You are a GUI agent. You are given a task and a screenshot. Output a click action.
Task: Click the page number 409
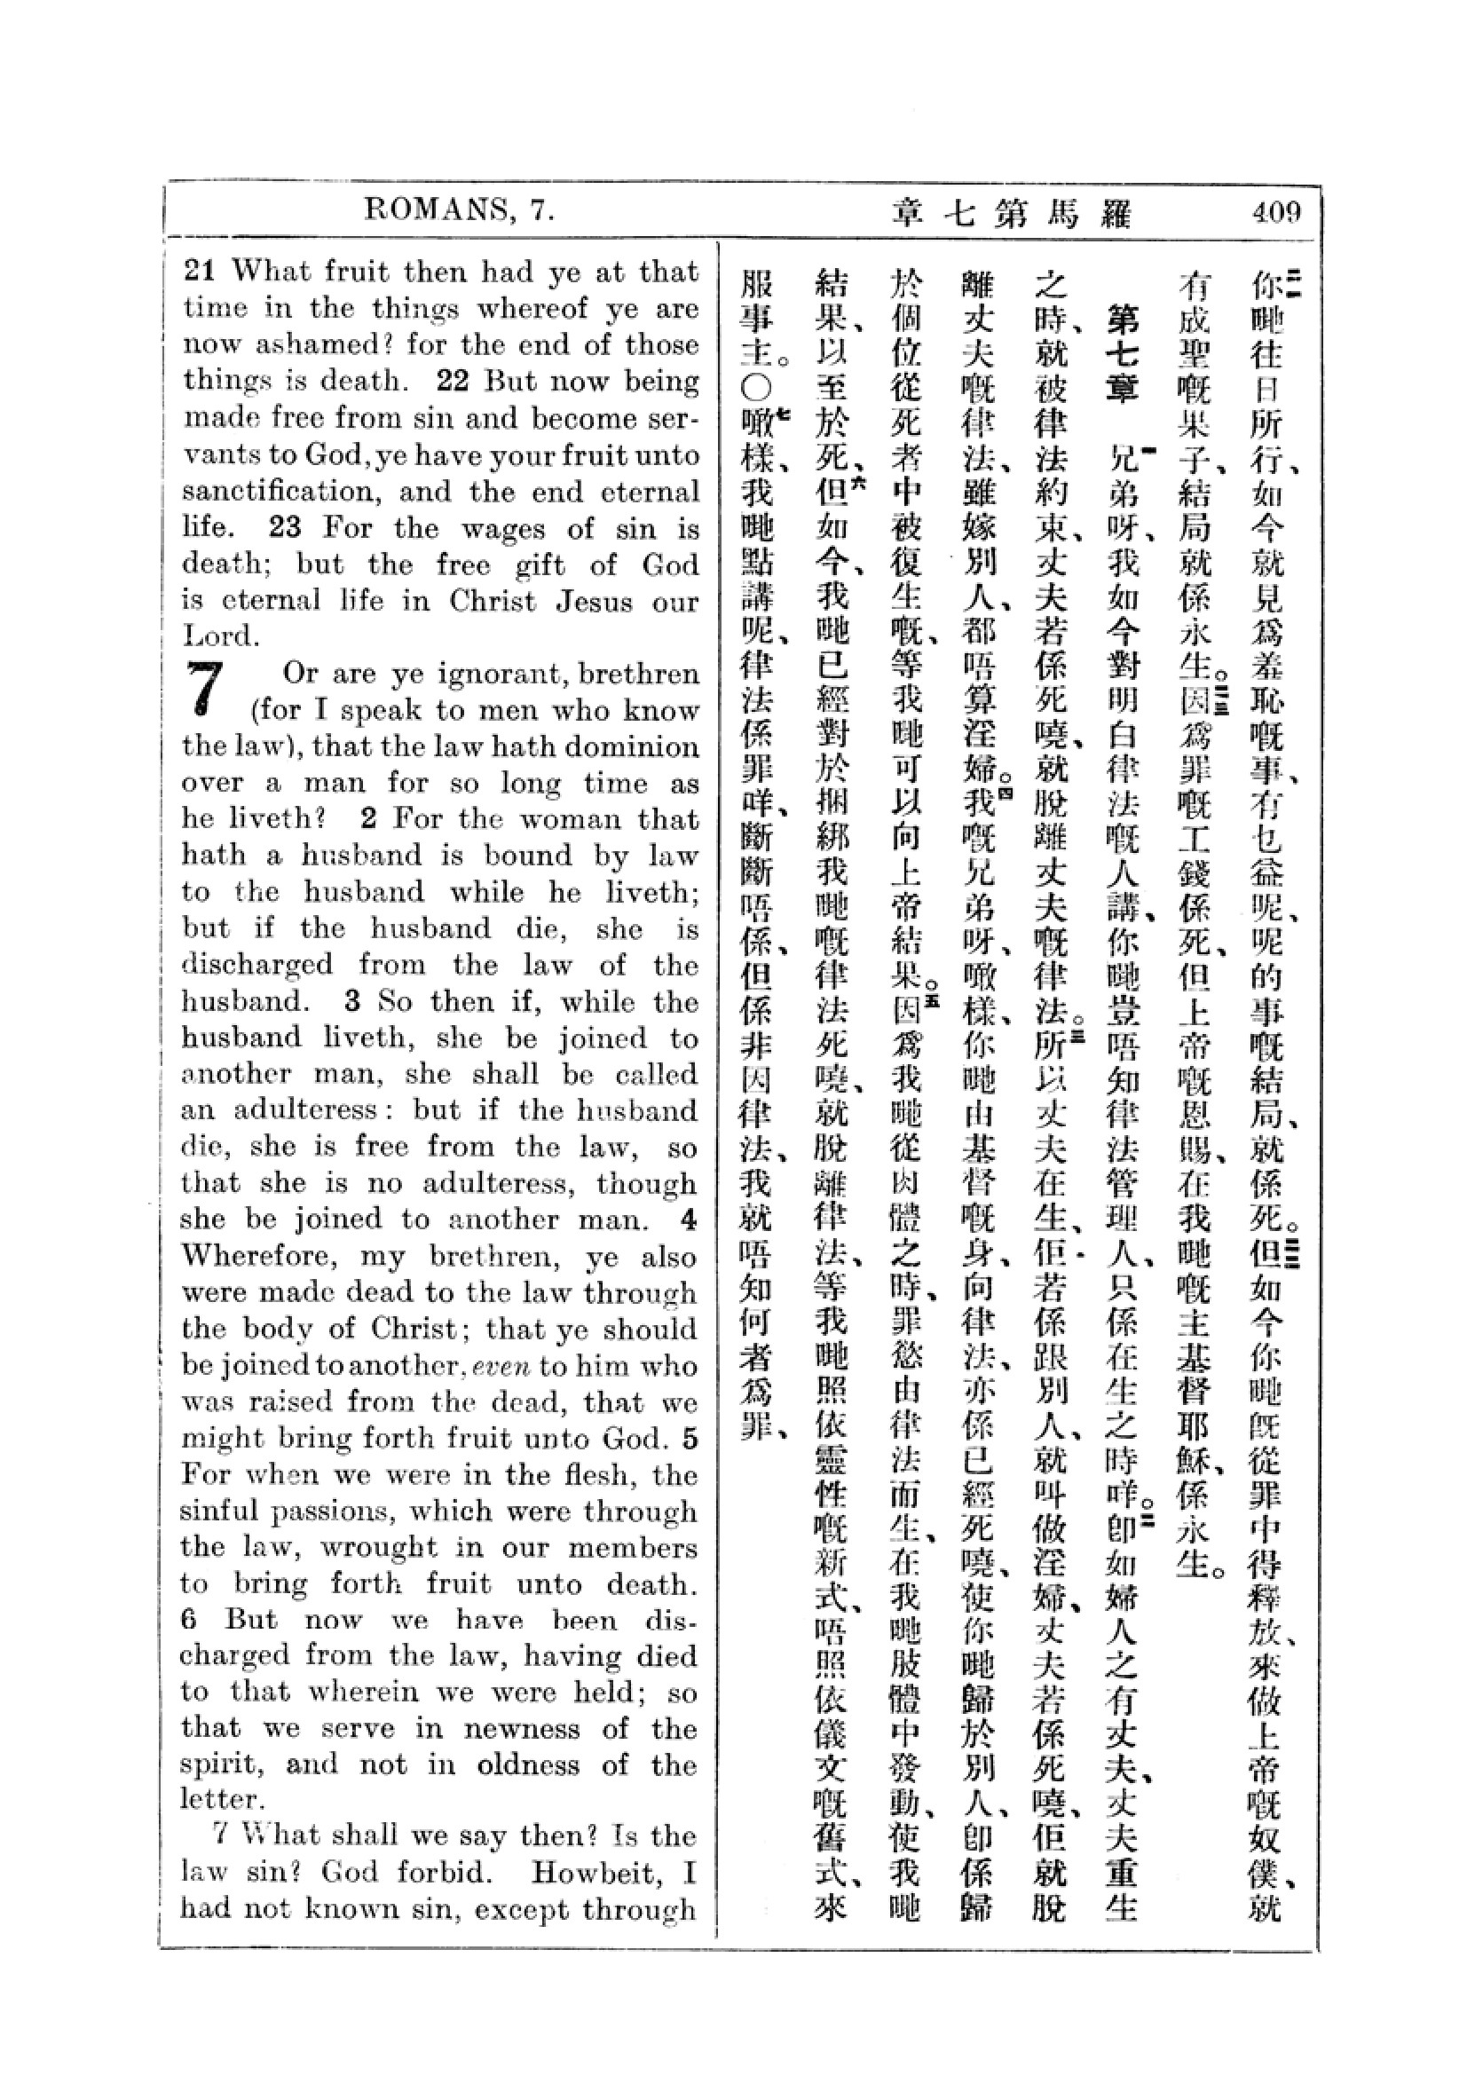point(1276,213)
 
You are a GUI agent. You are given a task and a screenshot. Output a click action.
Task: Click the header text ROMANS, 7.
point(457,211)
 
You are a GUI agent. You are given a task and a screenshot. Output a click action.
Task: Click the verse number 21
point(202,272)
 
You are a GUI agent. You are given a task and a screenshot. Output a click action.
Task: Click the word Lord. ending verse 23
point(221,636)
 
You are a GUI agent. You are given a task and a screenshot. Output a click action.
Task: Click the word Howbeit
point(587,1876)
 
